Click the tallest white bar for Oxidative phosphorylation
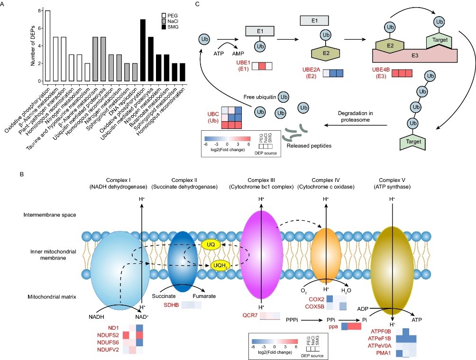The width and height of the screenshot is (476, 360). click(47, 45)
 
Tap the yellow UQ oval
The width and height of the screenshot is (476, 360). click(211, 244)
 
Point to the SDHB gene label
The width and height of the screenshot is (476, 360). click(172, 306)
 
